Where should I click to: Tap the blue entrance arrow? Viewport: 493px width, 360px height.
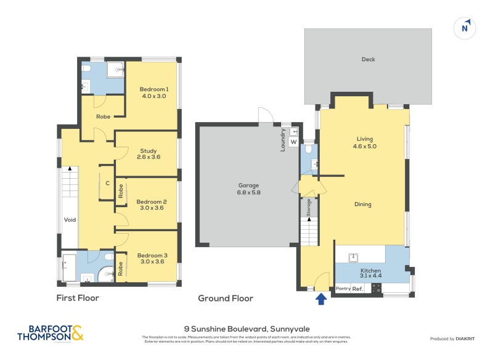[320, 300]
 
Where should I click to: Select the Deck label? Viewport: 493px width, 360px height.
[368, 60]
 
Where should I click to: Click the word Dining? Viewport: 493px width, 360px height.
[363, 204]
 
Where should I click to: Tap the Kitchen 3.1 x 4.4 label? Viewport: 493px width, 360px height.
[371, 274]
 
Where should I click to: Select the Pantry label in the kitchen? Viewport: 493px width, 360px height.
[343, 288]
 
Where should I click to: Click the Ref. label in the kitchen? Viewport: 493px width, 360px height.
[357, 288]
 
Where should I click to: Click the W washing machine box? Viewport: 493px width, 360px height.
[293, 142]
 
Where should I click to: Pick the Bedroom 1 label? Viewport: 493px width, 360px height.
[154, 92]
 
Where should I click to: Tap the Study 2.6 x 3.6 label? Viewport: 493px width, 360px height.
[148, 154]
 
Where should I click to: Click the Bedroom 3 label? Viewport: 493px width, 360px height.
[152, 259]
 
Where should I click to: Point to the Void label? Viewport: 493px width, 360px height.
[69, 219]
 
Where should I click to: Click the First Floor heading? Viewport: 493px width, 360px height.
[78, 298]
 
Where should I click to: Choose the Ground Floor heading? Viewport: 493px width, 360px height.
[226, 298]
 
